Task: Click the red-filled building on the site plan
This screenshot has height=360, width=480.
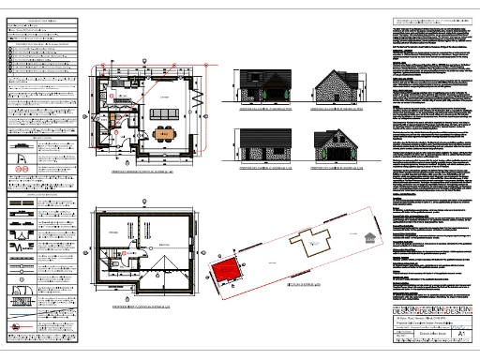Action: point(223,273)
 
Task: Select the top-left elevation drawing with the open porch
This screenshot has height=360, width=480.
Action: point(262,88)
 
